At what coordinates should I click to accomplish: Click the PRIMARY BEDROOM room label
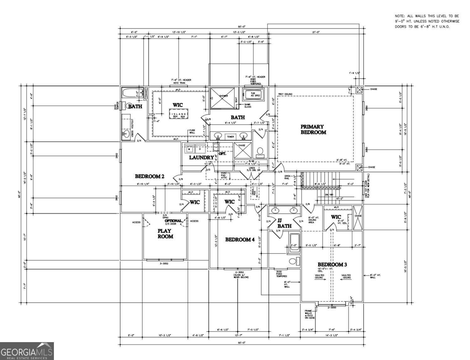coord(313,129)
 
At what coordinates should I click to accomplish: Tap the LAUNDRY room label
coord(201,157)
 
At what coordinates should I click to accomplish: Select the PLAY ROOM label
coord(165,234)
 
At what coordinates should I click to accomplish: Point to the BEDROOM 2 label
coord(149,176)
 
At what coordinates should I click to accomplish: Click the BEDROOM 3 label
coord(332,264)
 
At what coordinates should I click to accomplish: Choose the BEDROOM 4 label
coord(240,240)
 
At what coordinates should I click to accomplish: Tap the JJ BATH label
coord(284,223)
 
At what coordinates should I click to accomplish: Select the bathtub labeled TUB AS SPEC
coord(253,94)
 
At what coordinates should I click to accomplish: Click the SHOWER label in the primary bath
coord(223,96)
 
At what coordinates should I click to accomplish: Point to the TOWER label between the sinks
coord(230,137)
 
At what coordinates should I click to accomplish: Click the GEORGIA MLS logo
coord(27,351)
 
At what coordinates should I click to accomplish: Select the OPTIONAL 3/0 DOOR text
coord(173,222)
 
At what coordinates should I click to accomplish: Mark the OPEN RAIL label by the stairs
coord(288,177)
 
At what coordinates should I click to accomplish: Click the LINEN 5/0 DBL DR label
coord(252,169)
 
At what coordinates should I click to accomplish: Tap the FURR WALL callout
coord(192,131)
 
